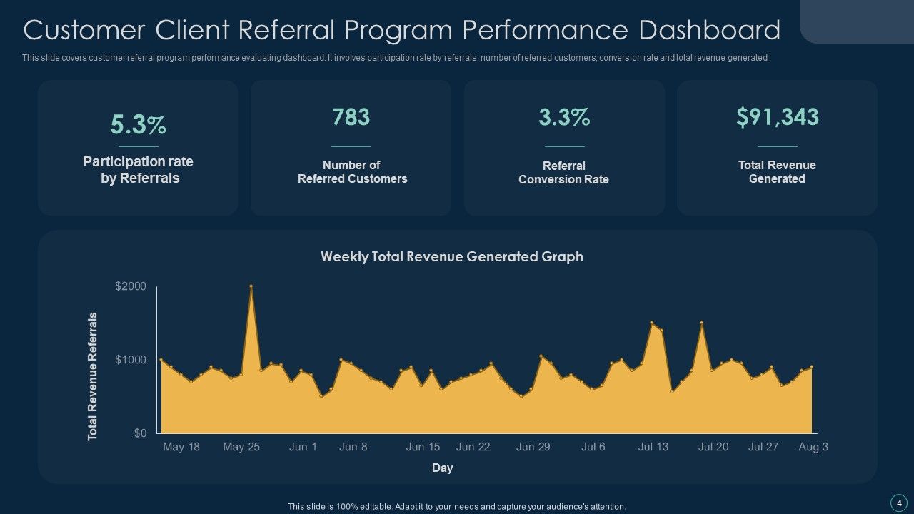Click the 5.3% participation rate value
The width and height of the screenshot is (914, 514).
pos(138,125)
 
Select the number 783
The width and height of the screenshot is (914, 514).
pos(351,117)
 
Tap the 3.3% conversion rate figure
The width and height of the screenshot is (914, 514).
pos(564,117)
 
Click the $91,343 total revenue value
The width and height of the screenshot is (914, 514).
pos(777,117)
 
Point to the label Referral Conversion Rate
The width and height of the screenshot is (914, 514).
pos(564,173)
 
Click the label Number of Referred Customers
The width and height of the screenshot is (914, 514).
pos(352,172)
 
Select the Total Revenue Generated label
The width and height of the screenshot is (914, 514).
pos(777,172)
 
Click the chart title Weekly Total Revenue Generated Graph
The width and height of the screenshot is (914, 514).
pos(451,256)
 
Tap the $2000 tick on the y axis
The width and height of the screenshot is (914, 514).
pos(131,286)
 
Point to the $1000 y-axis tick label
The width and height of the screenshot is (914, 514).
pos(131,360)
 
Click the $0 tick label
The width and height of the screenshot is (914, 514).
pos(140,433)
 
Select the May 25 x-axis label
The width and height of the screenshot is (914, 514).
pos(241,447)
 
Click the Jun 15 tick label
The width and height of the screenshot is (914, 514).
pos(423,447)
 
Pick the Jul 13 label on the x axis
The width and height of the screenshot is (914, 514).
pos(653,447)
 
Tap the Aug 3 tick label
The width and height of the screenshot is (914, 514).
pos(813,447)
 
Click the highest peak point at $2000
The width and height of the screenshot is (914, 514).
pos(251,286)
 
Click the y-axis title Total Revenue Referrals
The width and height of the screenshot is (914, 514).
pos(93,376)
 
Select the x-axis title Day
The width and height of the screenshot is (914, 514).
pos(442,468)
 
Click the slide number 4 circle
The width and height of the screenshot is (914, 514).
pos(898,502)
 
